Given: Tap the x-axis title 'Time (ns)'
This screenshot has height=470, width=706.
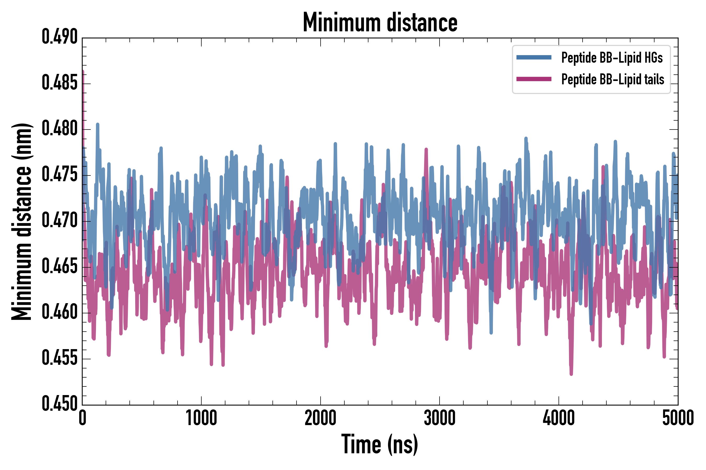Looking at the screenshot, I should point(379,444).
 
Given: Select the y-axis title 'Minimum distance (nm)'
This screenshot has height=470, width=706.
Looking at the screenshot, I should point(22,221).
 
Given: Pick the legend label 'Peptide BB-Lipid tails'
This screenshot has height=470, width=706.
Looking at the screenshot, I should point(613,79).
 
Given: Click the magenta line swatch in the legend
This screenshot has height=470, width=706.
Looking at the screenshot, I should point(534,79).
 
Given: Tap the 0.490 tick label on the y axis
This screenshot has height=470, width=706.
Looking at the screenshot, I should point(60,37).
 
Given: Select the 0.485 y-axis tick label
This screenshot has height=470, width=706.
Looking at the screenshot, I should point(60,83).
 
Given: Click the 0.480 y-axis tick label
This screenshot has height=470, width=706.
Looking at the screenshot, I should point(60,129).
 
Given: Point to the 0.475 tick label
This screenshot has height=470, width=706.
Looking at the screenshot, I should point(60,175).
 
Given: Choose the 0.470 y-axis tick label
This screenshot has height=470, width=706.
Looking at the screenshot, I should point(60,221).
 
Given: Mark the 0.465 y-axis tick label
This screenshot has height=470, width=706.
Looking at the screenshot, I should point(60,267).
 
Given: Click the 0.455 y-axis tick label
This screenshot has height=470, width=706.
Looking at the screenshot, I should point(60,358).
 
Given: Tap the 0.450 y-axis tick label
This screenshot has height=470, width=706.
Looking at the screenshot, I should point(60,404).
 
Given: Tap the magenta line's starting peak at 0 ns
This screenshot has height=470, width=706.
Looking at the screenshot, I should point(83,72).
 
